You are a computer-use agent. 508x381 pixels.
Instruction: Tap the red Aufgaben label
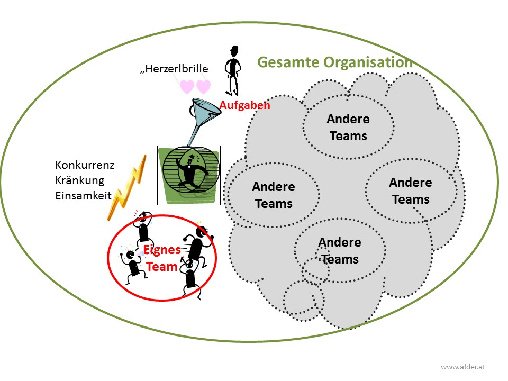coord(245,105)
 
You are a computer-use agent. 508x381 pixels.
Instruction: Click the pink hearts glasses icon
coord(195,86)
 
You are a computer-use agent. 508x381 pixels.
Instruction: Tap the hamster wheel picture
coord(189,175)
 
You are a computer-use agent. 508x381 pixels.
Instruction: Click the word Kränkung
coord(80,180)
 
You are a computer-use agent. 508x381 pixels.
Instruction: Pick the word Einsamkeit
coord(83,195)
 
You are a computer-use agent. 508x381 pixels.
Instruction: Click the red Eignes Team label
coord(162,258)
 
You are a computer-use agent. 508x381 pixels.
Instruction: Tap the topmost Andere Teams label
coord(348,127)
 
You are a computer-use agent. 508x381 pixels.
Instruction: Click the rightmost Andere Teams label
coord(411,190)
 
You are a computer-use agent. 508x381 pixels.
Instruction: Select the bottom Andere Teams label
coord(340,250)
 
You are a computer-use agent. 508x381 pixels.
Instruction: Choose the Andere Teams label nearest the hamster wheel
coord(274,195)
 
